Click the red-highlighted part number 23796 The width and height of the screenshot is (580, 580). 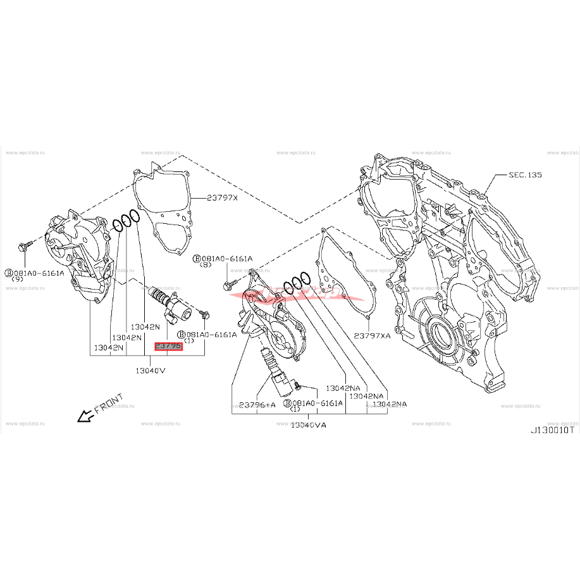pos(168,346)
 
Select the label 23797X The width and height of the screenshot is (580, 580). pos(222,197)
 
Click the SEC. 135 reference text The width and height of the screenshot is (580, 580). pos(524,174)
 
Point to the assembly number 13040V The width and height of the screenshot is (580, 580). pos(150,370)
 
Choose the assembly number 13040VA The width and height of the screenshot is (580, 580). pos(308,425)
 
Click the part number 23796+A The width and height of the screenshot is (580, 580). pos(257,405)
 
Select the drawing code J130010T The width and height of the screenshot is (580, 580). pos(552,429)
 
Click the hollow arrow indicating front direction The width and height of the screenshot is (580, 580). pos(82,416)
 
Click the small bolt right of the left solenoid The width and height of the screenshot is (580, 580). pos(204,313)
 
